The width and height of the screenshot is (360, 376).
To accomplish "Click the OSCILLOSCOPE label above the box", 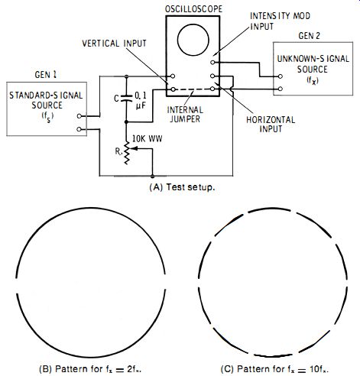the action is click(193, 9).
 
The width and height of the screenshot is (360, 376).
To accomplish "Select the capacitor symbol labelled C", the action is click(126, 98).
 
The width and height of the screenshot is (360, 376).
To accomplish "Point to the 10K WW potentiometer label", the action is click(147, 139).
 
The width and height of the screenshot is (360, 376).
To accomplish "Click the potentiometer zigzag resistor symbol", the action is click(126, 153).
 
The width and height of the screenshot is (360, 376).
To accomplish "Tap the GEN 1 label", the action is click(46, 75).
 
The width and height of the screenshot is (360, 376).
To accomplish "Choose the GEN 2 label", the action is click(309, 36).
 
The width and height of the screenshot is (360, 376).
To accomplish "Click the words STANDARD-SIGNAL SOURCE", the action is click(47, 100).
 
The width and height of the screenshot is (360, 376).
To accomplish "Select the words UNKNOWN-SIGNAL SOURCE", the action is click(313, 64).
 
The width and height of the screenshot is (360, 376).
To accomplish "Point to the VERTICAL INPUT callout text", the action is click(114, 44).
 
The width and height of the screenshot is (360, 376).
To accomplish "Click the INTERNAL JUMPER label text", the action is click(185, 114).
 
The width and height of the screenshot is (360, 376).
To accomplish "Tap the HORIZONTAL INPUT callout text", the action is click(271, 124).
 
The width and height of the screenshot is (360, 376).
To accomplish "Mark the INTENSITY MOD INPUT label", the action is click(280, 21).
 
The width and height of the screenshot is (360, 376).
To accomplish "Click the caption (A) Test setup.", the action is click(182, 187).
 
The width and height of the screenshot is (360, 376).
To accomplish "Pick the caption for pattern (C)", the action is click(274, 369).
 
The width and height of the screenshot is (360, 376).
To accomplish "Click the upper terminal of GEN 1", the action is click(79, 116).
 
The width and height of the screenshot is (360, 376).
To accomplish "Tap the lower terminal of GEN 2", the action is click(281, 89).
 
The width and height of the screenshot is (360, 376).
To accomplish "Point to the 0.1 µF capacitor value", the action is click(141, 100).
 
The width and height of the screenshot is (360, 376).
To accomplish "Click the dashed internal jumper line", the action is click(193, 89).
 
